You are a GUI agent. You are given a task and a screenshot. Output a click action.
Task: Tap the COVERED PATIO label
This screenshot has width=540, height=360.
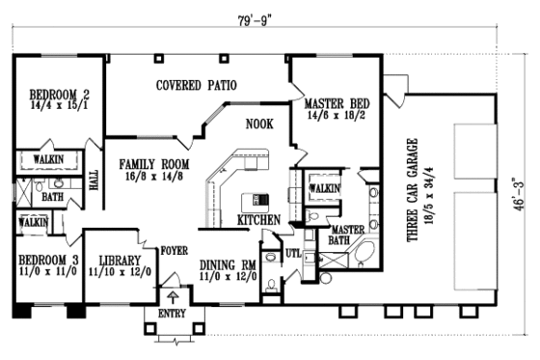click(x=197, y=86)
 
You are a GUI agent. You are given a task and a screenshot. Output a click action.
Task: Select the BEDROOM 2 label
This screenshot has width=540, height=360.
click(x=59, y=95)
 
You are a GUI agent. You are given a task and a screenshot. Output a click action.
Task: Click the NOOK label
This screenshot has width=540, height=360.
click(x=259, y=125)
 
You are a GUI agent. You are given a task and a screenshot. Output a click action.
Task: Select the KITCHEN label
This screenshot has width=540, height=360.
click(x=258, y=220)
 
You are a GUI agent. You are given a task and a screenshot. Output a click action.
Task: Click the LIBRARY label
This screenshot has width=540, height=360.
click(x=115, y=261)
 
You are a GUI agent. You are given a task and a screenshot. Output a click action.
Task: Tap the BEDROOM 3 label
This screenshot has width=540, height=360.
click(x=46, y=261)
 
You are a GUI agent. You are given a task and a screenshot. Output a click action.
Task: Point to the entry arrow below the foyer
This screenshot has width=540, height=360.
click(x=174, y=296)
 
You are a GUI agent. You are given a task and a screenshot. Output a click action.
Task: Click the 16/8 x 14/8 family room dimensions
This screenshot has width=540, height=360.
click(x=146, y=178)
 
